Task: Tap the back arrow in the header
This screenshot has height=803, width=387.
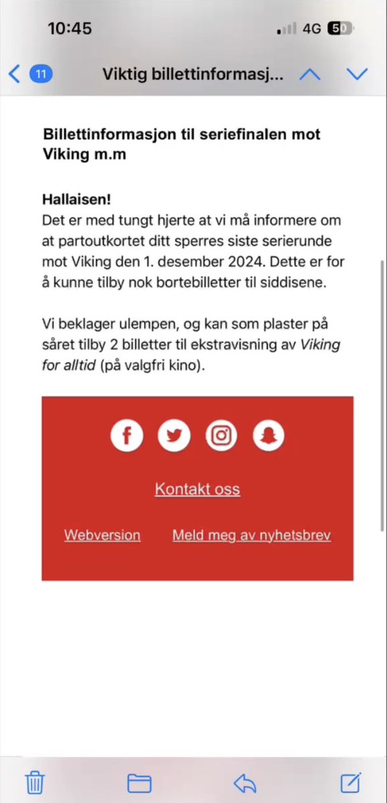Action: pyautogui.click(x=15, y=74)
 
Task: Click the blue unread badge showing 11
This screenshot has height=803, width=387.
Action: pyautogui.click(x=41, y=74)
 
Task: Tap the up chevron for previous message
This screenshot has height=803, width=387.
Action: pyautogui.click(x=309, y=74)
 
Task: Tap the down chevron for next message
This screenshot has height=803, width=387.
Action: pyautogui.click(x=358, y=74)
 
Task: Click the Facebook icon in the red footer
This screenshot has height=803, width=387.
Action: pyautogui.click(x=127, y=436)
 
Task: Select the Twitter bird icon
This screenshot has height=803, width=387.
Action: pyautogui.click(x=174, y=436)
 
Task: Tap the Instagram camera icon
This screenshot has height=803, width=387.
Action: pyautogui.click(x=222, y=436)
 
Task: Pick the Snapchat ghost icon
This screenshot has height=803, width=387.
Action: pyautogui.click(x=268, y=436)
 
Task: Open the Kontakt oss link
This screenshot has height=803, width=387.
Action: pyautogui.click(x=198, y=489)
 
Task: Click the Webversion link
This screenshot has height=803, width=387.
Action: pyautogui.click(x=102, y=535)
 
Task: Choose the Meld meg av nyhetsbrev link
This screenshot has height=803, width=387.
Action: pyautogui.click(x=252, y=535)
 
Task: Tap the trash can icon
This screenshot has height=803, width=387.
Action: pyautogui.click(x=35, y=782)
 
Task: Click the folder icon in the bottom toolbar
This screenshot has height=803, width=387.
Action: pyautogui.click(x=139, y=782)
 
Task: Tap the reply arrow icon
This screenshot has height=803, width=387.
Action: pyautogui.click(x=245, y=782)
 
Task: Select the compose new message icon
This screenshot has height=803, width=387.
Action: pyautogui.click(x=351, y=782)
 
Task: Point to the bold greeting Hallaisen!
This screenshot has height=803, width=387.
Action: pyautogui.click(x=76, y=199)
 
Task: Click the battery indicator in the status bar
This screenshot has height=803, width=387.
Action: pyautogui.click(x=340, y=29)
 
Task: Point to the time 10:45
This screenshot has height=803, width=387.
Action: pyautogui.click(x=70, y=29)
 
